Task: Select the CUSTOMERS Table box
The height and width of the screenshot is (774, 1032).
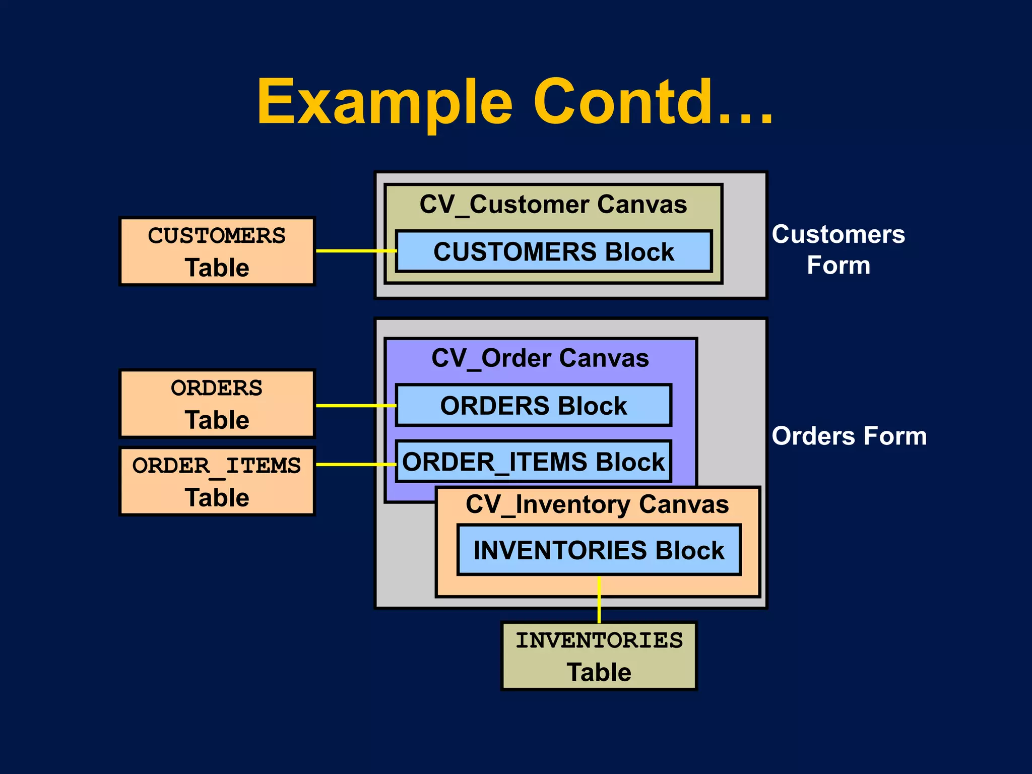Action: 217,251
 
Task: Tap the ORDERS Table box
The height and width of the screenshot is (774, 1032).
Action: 217,404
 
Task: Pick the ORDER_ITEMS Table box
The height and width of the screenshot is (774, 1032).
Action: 217,481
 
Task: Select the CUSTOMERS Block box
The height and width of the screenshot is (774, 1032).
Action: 553,251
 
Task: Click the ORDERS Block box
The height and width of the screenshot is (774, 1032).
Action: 533,406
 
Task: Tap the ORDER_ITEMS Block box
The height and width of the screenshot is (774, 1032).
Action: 533,462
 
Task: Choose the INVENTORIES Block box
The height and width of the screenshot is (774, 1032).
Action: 599,550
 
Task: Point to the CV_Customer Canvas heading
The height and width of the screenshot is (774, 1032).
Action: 553,205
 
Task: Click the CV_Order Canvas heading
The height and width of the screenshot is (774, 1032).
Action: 540,358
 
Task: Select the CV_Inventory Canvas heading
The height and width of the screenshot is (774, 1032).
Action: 597,504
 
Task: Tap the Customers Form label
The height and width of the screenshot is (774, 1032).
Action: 838,249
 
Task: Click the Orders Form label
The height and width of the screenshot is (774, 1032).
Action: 849,436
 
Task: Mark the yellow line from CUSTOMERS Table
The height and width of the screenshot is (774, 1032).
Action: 355,250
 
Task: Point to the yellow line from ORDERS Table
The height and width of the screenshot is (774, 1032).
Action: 355,405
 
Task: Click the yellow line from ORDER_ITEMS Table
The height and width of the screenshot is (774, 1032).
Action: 355,464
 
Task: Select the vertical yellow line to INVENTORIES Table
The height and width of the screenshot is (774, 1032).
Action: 599,600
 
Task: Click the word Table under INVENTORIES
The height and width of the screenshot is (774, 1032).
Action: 599,672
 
